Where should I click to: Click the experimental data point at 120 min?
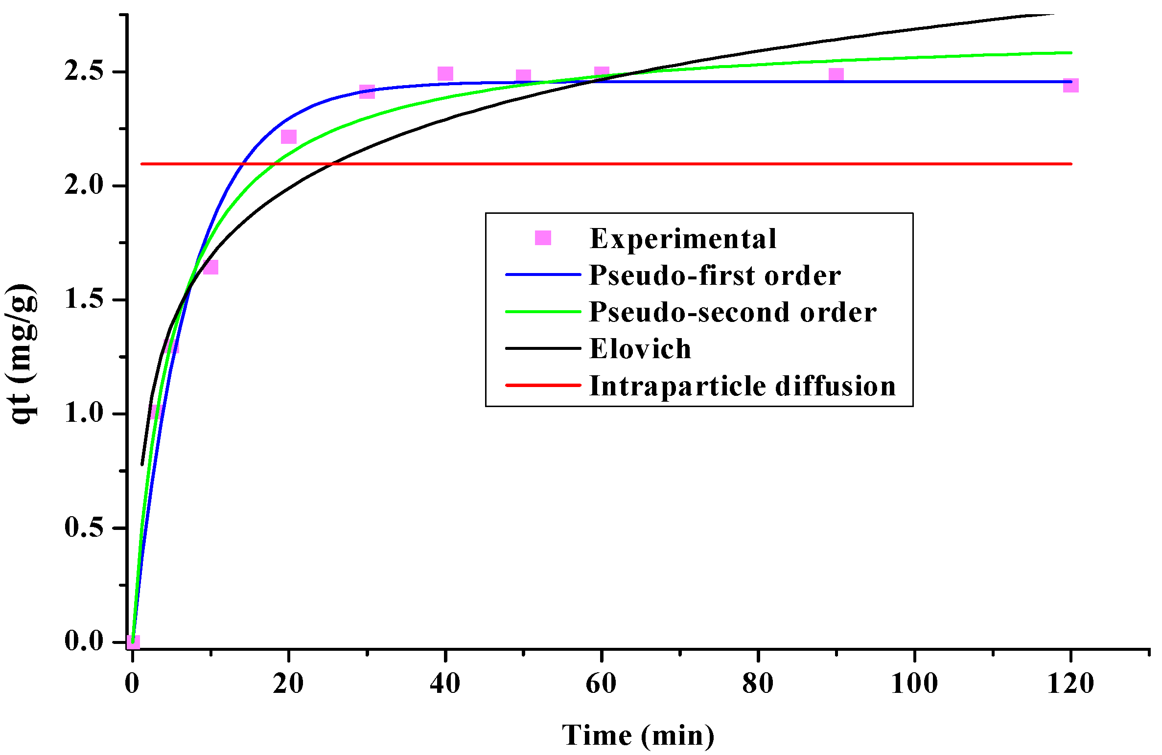pyautogui.click(x=1070, y=85)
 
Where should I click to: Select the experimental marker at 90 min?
pyautogui.click(x=836, y=75)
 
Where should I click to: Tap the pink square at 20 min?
pyautogui.click(x=289, y=137)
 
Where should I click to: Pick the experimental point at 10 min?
pyautogui.click(x=210, y=267)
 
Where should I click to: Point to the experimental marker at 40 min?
pyautogui.click(x=445, y=74)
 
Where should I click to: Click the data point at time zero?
pyautogui.click(x=133, y=641)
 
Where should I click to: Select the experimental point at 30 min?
pyautogui.click(x=367, y=92)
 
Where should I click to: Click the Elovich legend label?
pyautogui.click(x=640, y=349)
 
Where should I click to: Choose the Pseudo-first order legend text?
pyautogui.click(x=715, y=275)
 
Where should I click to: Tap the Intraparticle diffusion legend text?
pyautogui.click(x=743, y=386)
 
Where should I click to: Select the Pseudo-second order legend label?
pyautogui.click(x=732, y=312)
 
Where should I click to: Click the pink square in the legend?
pyautogui.click(x=543, y=238)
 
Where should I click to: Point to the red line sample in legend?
pyautogui.click(x=543, y=385)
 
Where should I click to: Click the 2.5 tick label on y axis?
pyautogui.click(x=84, y=71)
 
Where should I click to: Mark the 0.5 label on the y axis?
pyautogui.click(x=84, y=527)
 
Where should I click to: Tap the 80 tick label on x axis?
pyautogui.click(x=758, y=684)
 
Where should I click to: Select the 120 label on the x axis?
pyautogui.click(x=1070, y=684)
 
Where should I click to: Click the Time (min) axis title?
pyautogui.click(x=638, y=735)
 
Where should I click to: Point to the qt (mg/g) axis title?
pyautogui.click(x=22, y=353)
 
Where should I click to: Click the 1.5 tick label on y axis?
pyautogui.click(x=84, y=299)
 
